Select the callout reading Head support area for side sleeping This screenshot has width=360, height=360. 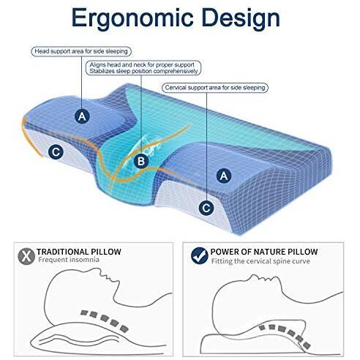click(81, 51)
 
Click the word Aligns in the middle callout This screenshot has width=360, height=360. click(97, 65)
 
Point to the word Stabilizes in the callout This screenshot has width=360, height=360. click(102, 71)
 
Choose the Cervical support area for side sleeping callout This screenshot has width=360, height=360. click(215, 88)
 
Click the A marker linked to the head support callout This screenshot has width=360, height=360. click(82, 116)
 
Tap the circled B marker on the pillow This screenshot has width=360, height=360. click(141, 161)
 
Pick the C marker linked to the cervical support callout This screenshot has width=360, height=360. click(206, 208)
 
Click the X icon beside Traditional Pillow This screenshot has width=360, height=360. click(26, 256)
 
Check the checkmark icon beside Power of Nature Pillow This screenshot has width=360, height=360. click(200, 256)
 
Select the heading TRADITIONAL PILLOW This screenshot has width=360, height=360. click(79, 252)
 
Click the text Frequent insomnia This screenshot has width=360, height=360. click(69, 260)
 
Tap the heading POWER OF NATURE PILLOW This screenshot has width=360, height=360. click(264, 252)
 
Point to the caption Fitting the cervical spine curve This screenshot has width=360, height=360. click(260, 261)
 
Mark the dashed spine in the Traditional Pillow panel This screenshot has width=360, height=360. click(105, 320)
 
